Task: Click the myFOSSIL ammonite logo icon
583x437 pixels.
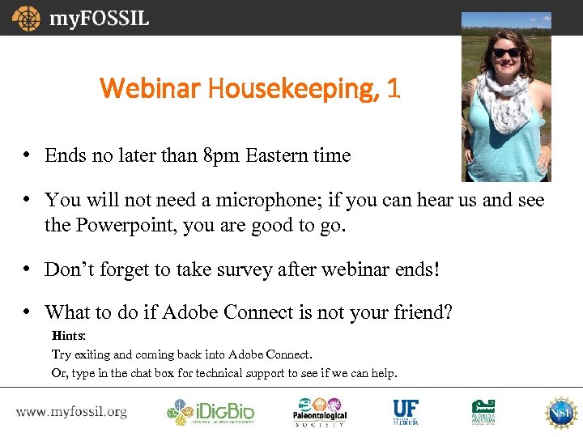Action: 26,18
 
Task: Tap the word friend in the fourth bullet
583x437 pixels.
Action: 412,312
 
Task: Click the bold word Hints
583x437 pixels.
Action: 68,335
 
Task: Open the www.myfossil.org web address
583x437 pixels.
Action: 71,412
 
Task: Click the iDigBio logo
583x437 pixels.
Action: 211,412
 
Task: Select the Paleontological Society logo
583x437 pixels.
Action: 320,412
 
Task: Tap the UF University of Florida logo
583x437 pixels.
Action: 406,412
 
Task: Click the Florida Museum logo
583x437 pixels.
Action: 483,412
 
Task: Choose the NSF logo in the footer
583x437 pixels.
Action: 560,412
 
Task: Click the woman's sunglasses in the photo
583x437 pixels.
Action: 507,53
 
